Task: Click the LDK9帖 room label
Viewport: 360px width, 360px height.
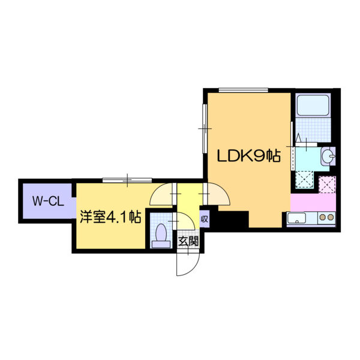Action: [249, 156]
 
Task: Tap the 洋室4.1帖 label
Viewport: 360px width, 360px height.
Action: [110, 216]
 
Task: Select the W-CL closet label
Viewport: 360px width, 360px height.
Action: [48, 201]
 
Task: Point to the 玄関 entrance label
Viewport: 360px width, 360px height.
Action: [188, 241]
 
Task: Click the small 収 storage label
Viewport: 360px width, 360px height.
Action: [205, 219]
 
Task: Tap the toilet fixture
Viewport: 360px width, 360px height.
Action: [161, 235]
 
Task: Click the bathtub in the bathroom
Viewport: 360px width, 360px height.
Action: [313, 106]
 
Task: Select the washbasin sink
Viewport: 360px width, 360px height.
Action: [328, 156]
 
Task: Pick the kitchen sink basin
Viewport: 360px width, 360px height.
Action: [297, 218]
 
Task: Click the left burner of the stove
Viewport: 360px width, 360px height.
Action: [323, 217]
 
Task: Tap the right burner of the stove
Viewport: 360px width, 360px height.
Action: [331, 217]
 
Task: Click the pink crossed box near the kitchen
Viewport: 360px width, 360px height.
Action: [327, 185]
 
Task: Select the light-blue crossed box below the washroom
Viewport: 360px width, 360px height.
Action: [304, 180]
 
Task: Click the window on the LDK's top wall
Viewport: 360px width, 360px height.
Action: [244, 90]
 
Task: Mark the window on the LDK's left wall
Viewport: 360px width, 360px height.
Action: [205, 128]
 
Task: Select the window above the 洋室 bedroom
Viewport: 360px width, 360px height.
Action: [127, 180]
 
